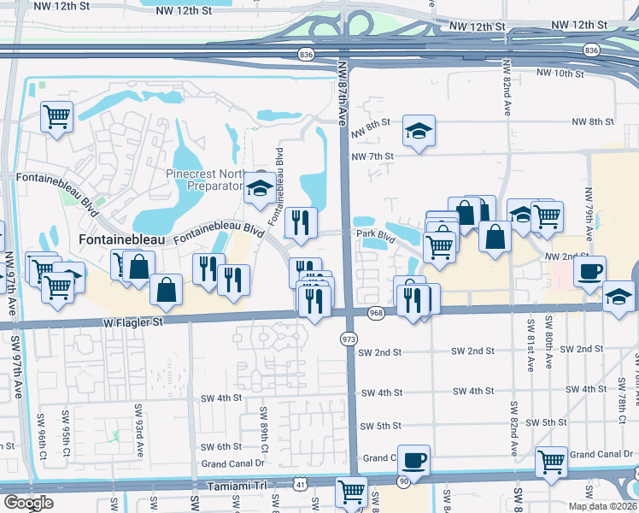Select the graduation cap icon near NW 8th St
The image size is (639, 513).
[x=419, y=131]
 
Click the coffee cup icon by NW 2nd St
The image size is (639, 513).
[x=589, y=272]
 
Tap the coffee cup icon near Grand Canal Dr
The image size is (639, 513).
[x=414, y=461]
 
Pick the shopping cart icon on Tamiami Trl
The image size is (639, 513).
[x=352, y=492]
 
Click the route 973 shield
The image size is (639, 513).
[x=348, y=339]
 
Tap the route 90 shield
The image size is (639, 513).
[x=403, y=483]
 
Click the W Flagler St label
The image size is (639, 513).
[x=132, y=322]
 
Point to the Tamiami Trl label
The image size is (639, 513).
[x=237, y=485]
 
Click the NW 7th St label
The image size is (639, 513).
[x=372, y=156]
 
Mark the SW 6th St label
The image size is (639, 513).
[x=222, y=446]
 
